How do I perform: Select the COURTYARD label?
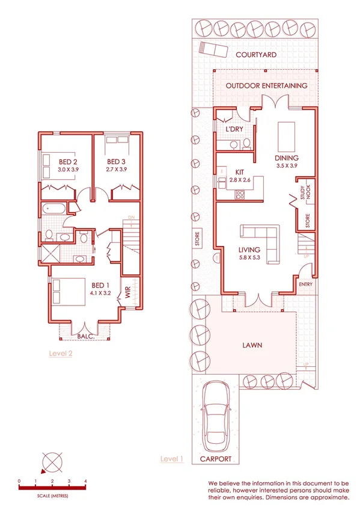(256, 55)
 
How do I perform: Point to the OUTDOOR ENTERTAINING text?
(266, 85)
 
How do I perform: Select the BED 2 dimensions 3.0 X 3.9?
(69, 170)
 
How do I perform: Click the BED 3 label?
(116, 162)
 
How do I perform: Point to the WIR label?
(128, 293)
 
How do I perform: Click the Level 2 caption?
(61, 354)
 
